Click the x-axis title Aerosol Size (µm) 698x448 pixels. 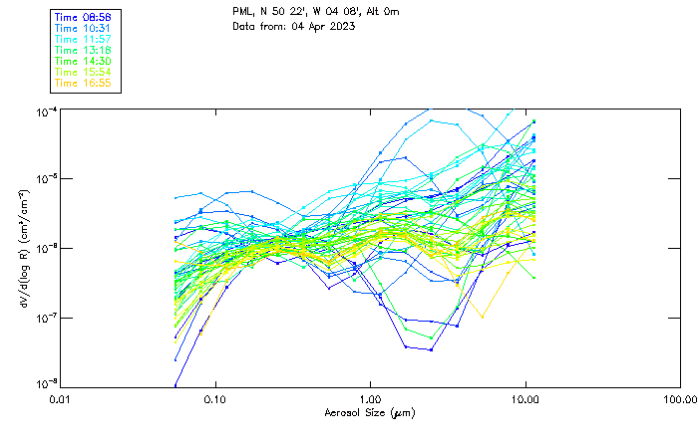369,412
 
